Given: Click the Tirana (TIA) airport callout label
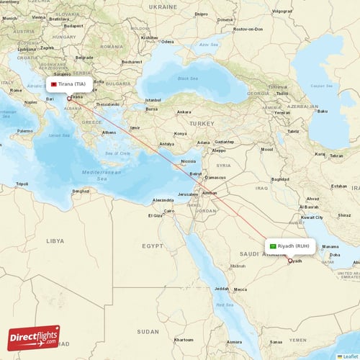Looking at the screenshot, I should coord(72,84).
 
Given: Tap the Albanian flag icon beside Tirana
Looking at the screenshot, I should coord(53,84).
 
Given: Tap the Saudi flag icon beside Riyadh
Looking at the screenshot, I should coord(274,246).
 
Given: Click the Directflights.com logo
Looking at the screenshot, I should coord(34,338).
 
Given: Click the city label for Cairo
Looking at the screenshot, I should coord(169,211).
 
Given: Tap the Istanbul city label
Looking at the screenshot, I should coord(153,100).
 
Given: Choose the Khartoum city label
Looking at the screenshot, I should coord(184,339).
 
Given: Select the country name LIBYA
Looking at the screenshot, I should coord(55,241).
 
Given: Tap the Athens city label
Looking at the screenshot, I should coord(109,132).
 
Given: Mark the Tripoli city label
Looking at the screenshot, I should coord(24,184).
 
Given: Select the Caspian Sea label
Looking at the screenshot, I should coord(321,86).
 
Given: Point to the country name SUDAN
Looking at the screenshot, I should coord(149,331).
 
